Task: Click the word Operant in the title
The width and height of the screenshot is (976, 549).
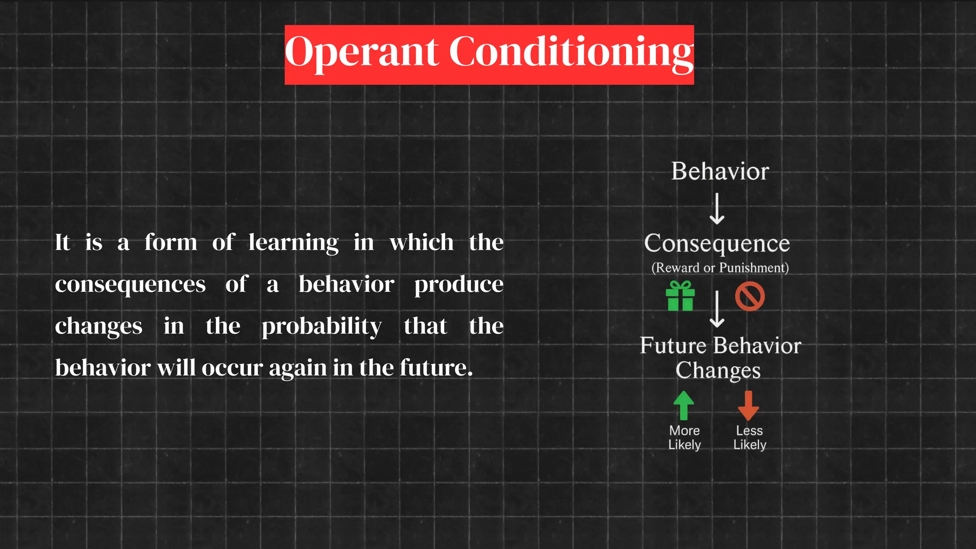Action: tap(361, 52)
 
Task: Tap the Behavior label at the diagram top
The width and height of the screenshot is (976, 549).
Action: tap(720, 172)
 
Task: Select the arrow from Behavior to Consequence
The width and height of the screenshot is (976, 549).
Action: tap(717, 209)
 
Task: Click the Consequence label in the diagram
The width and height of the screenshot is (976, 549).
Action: tap(717, 244)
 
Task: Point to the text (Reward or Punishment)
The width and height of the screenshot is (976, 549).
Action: tap(720, 268)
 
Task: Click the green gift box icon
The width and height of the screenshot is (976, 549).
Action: tap(680, 296)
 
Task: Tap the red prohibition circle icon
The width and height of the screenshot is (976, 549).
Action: tap(750, 296)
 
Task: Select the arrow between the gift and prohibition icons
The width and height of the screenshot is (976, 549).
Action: tap(717, 309)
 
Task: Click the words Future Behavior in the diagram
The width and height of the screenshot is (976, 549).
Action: tap(720, 346)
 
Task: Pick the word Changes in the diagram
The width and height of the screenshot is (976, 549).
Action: tap(718, 370)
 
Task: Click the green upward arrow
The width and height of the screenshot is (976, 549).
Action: tap(684, 406)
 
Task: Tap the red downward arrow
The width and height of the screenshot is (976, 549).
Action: tap(748, 406)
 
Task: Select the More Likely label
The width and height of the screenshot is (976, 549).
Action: tap(684, 437)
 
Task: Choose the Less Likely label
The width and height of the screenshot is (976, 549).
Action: tap(750, 437)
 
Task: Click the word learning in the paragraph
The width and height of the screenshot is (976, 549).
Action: tap(293, 243)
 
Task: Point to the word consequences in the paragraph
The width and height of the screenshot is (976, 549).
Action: tap(130, 285)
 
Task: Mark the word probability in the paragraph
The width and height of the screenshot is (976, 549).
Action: tap(322, 327)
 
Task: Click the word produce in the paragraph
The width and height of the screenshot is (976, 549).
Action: tap(458, 285)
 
